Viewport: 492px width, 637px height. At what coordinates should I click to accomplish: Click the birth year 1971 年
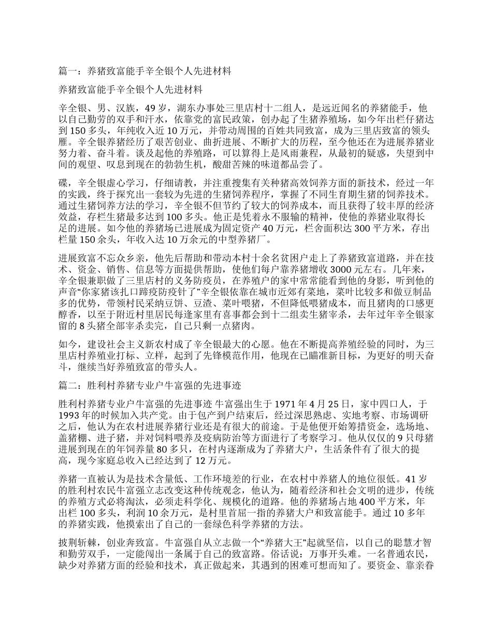tap(281, 402)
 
